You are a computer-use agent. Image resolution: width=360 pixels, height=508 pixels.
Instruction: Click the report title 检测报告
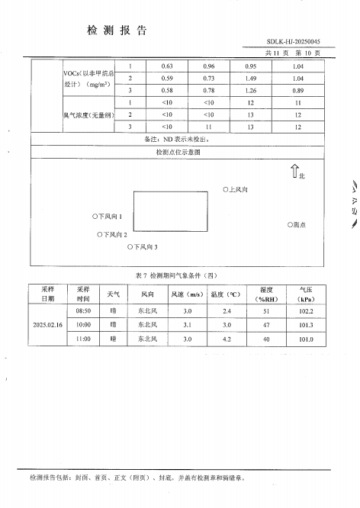tap(117, 31)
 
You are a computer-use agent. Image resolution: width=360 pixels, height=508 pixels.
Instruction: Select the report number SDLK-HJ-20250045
tap(294, 43)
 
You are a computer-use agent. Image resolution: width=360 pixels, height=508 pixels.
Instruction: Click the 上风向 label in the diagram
tap(236, 188)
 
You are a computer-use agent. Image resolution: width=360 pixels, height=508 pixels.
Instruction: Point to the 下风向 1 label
tap(108, 217)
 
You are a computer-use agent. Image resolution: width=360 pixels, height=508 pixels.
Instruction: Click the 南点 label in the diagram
tap(297, 225)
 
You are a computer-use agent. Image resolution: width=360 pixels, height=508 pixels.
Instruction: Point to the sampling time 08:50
tap(84, 311)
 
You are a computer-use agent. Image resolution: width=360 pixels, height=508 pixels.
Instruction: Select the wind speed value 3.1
tap(187, 324)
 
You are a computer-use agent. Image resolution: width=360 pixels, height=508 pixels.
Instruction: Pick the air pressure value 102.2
tap(306, 311)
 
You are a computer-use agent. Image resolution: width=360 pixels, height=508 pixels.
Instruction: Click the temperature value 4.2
tap(227, 338)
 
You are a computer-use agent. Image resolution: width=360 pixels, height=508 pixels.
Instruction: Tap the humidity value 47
tap(266, 324)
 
